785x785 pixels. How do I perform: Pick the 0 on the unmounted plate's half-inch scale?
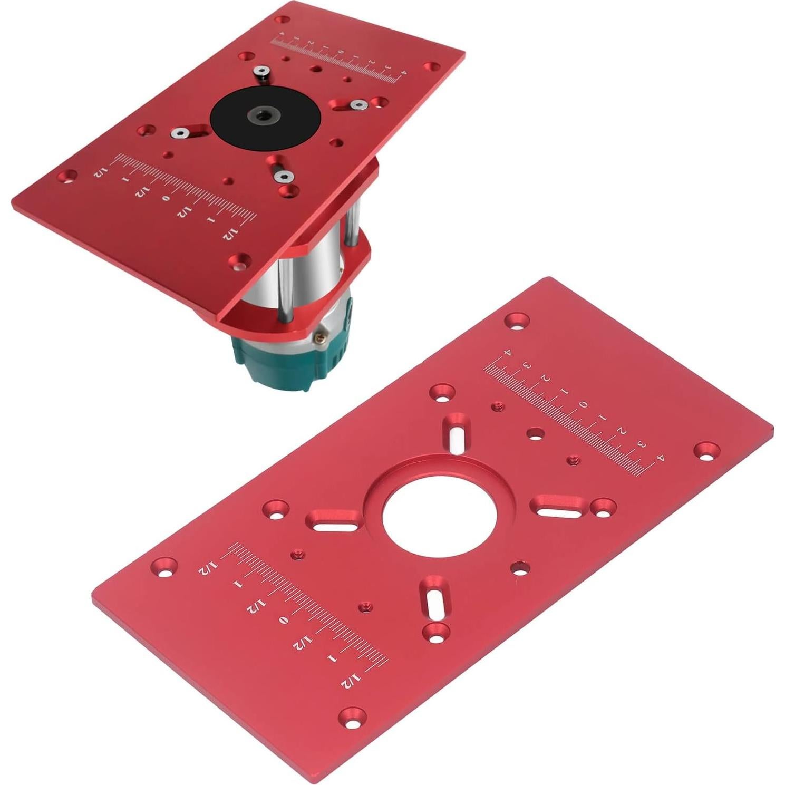(284, 620)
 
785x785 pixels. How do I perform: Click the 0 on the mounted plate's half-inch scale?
(166, 198)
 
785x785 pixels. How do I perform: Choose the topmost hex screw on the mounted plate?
(260, 72)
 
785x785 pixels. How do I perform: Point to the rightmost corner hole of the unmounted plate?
(706, 450)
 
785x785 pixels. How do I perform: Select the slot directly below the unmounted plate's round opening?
(433, 601)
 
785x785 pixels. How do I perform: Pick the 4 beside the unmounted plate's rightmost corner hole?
(659, 459)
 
